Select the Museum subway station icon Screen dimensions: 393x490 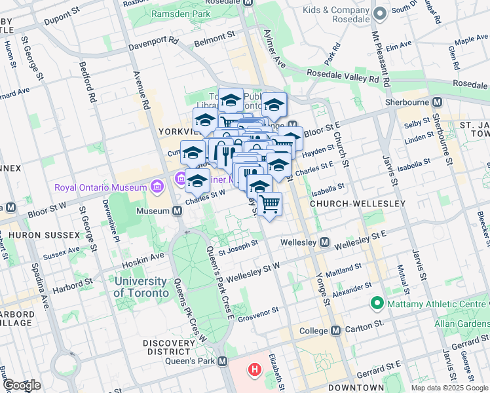[x=177, y=211]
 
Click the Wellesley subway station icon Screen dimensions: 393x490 [x=324, y=243]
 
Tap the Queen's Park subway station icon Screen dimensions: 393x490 [x=223, y=362]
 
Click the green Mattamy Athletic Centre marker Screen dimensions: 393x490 [x=377, y=304]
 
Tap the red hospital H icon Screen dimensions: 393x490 [x=254, y=371]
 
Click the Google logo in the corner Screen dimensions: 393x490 [x=22, y=385]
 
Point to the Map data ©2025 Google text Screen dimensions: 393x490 [x=449, y=388]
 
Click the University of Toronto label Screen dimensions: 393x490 [x=140, y=287]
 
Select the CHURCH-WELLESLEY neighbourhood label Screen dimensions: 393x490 [x=358, y=204]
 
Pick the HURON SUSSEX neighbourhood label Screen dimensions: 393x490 [x=35, y=234]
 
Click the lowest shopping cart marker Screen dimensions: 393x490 [x=269, y=206]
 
